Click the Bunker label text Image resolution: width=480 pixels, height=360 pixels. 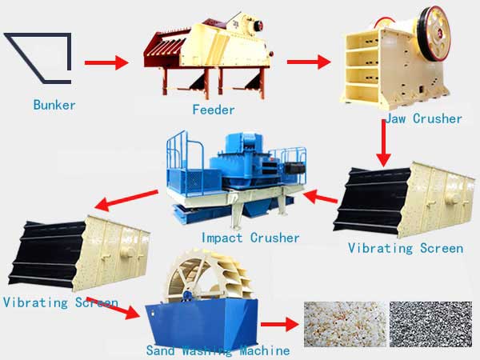pyautogui.click(x=54, y=105)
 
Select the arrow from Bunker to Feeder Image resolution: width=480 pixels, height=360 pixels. pyautogui.click(x=106, y=62)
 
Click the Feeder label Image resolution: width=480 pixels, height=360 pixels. pyautogui.click(x=214, y=110)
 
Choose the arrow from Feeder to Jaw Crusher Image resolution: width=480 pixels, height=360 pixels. pyautogui.click(x=309, y=62)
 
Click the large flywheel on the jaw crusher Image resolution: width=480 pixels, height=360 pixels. pyautogui.click(x=434, y=33)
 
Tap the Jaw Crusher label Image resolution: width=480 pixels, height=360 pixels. pyautogui.click(x=423, y=118)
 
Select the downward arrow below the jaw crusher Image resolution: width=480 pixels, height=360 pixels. pyautogui.click(x=383, y=143)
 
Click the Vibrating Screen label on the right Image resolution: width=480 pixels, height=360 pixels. pyautogui.click(x=406, y=248)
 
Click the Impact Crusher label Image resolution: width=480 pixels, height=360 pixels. pyautogui.click(x=250, y=238)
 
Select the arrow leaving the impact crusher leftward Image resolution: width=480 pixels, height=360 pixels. pyautogui.click(x=126, y=200)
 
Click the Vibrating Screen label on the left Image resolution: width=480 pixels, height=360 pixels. pyautogui.click(x=61, y=302)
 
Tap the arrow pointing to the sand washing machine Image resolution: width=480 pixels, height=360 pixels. pyautogui.click(x=113, y=308)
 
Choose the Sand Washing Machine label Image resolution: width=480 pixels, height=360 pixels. pyautogui.click(x=218, y=350)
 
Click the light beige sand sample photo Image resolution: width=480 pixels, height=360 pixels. pyautogui.click(x=345, y=324)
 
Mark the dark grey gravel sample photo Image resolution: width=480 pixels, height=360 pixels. pyautogui.click(x=430, y=324)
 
